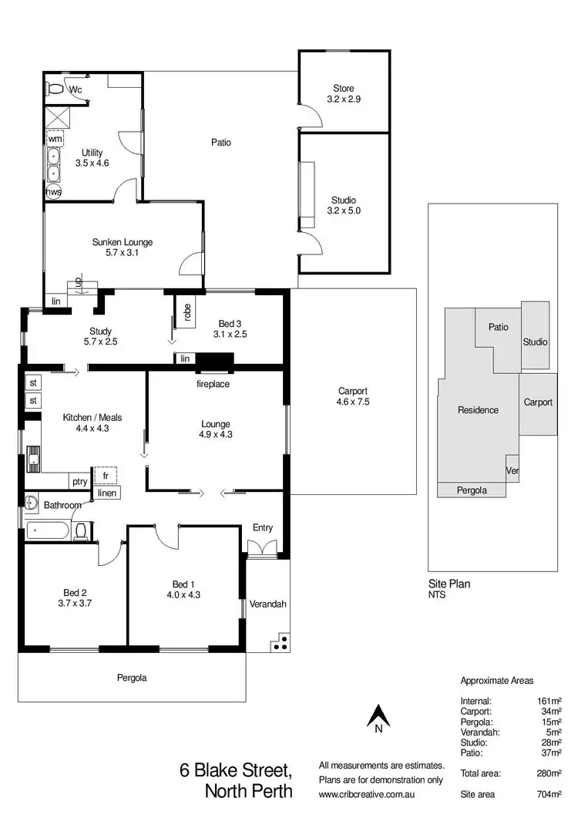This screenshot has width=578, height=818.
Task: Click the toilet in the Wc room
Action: point(55,90)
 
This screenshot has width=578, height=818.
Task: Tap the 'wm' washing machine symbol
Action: point(55,139)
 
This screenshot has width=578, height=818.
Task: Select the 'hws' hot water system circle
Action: point(54,191)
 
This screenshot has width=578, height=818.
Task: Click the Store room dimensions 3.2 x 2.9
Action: point(344,100)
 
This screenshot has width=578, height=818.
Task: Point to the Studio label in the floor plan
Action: point(344,200)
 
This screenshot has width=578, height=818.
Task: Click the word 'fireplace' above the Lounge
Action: point(213,384)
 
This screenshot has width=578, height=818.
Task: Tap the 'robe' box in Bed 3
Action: point(187,311)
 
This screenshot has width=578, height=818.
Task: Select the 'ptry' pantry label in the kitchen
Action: point(79,481)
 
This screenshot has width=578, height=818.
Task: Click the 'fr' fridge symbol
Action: point(105,475)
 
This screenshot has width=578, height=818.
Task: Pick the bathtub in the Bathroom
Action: point(46,530)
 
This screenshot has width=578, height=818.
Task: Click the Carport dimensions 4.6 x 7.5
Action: point(353,402)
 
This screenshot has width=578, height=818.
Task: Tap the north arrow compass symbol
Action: point(378,718)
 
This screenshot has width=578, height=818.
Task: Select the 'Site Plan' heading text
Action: point(449,584)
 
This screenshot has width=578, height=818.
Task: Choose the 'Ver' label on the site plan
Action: point(512,470)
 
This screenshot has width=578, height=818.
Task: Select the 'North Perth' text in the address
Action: point(248,791)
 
